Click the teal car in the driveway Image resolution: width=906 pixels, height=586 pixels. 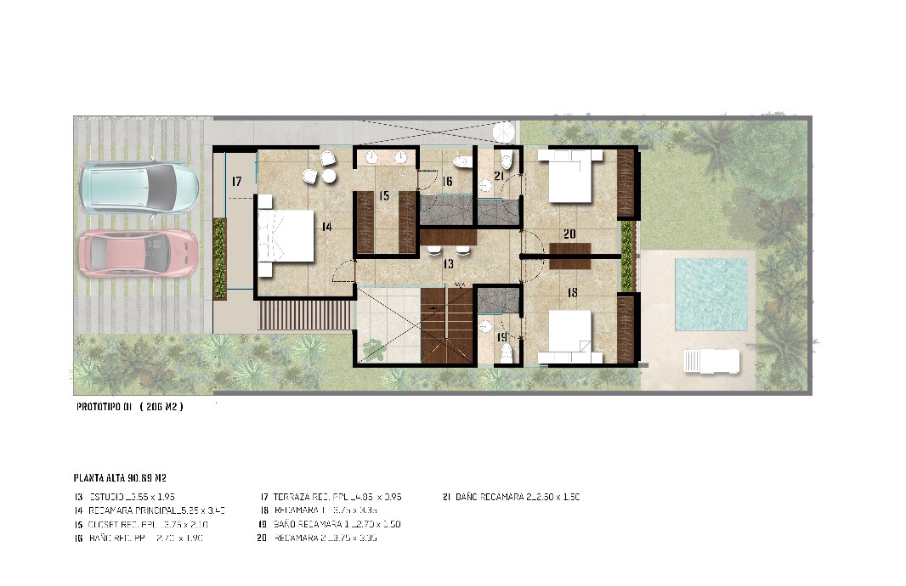[x=139, y=186]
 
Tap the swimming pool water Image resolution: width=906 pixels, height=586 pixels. [x=711, y=294]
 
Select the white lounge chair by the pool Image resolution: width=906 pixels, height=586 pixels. [x=711, y=361]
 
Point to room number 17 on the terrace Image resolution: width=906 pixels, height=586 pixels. [x=237, y=181]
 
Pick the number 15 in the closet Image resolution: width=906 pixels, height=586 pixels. [x=384, y=196]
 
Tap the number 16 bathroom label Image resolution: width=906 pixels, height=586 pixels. [x=447, y=181]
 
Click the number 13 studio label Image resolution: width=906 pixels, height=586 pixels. [x=448, y=264]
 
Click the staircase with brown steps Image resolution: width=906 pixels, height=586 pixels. [x=446, y=324]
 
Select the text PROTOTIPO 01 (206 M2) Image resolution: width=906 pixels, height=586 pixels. [x=129, y=407]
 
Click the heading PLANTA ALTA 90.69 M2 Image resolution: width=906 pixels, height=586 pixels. [x=125, y=478]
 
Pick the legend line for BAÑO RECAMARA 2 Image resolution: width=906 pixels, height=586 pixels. [x=512, y=497]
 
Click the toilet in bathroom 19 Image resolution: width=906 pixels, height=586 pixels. [x=506, y=353]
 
